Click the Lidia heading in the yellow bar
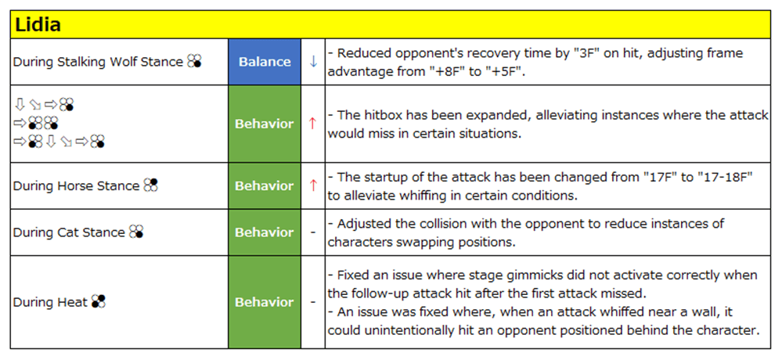(x=38, y=25)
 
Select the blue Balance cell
(x=265, y=62)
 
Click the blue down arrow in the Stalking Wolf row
(x=313, y=62)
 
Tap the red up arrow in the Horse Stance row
(x=313, y=185)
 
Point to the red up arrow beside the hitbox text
(x=313, y=124)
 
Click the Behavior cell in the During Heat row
(x=265, y=302)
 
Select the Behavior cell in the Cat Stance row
(x=265, y=232)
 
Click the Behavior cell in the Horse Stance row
(x=265, y=185)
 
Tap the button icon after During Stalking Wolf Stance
(x=194, y=62)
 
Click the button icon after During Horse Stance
(x=150, y=185)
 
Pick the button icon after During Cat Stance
(x=136, y=232)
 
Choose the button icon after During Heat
(x=99, y=301)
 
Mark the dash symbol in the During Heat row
(x=313, y=302)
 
